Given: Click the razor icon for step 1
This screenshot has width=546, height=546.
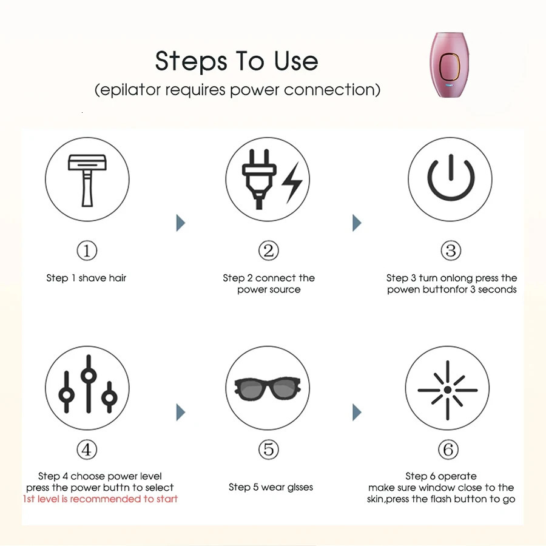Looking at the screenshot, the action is (87, 180).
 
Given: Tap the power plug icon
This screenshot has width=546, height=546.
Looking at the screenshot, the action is (259, 179).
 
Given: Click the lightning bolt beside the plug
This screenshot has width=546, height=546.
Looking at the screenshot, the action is (292, 183).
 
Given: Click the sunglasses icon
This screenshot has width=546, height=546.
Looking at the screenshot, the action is (268, 388).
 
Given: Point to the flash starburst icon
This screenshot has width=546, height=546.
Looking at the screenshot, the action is (448, 390).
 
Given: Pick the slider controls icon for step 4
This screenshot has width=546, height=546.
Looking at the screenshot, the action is (88, 384).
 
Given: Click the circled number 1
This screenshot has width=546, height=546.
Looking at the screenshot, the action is (87, 251).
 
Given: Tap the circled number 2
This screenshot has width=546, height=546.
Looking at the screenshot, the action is (269, 251).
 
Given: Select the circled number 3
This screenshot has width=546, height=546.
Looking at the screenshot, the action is (451, 251).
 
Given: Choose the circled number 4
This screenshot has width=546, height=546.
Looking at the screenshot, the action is (87, 450).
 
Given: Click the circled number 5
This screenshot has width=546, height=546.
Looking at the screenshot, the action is (269, 450).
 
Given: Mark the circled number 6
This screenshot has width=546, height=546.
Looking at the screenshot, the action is (448, 450).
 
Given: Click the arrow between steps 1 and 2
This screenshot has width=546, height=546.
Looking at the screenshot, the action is (180, 223).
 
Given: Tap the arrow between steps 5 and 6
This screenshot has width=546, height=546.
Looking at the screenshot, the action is (357, 413).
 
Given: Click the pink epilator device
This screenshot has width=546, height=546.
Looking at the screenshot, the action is (449, 65).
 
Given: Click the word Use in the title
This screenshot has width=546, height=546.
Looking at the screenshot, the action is (296, 61).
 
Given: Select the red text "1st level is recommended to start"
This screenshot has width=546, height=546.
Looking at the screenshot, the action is (100, 499).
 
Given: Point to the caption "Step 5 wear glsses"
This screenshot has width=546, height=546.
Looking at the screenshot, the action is (271, 487).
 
